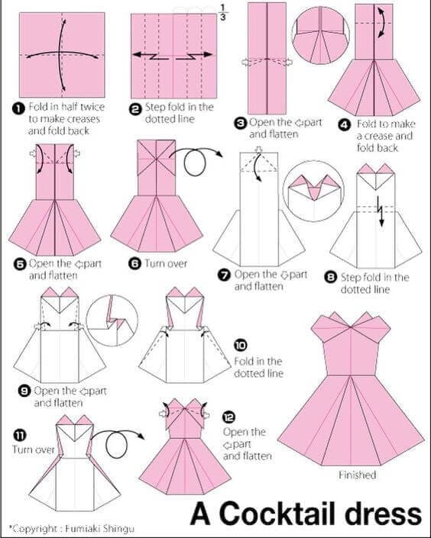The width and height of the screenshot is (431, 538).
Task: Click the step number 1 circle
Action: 19,108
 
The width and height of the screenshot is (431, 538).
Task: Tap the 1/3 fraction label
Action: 222,13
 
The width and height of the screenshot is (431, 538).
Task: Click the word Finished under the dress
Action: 358,475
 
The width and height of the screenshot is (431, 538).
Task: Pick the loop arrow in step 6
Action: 195,160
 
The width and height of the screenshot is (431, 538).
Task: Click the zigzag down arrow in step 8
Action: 380,211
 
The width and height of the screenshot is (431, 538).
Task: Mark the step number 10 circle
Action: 240,345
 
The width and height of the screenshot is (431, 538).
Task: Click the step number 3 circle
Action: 240,123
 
